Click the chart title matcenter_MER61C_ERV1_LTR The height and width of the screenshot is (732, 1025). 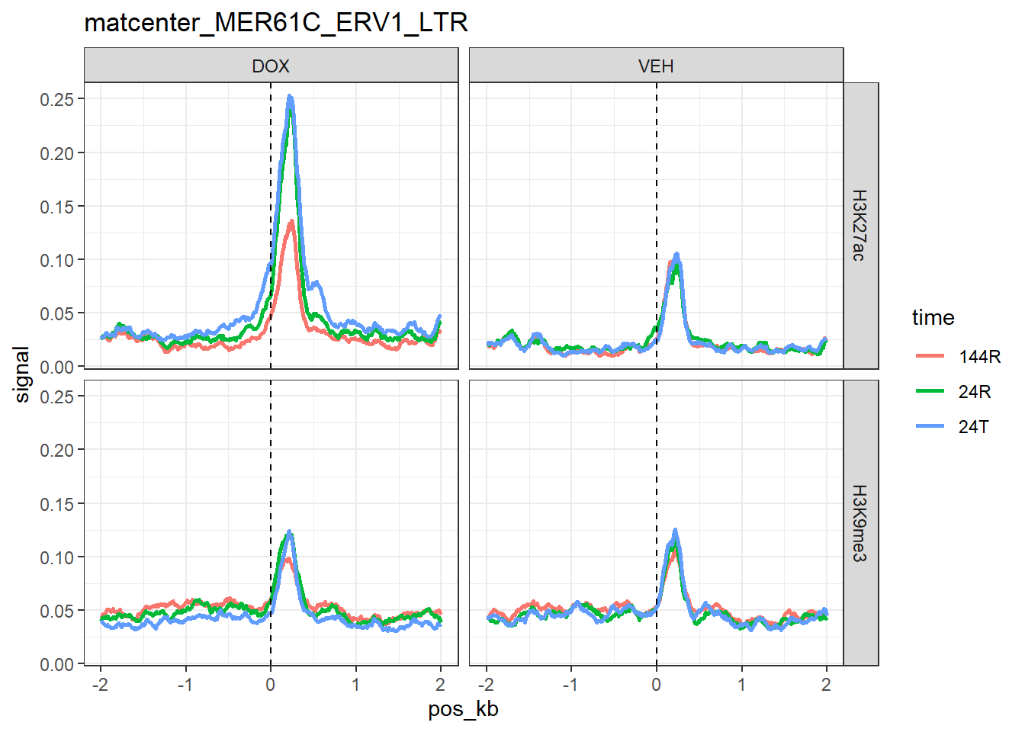276,23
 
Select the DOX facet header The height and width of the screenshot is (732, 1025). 271,66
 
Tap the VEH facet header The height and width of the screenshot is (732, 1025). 656,66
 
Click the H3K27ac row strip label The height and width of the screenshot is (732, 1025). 860,226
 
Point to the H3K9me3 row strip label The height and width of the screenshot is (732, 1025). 860,523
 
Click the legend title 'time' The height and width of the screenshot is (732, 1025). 933,317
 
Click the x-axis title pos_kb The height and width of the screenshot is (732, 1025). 463,709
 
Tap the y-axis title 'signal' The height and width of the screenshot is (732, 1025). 22,374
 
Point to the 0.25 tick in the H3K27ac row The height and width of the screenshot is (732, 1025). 57,99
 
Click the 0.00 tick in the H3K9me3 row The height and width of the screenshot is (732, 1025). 57,664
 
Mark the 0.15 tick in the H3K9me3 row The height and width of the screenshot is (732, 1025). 57,503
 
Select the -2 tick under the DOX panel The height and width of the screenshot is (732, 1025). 100,684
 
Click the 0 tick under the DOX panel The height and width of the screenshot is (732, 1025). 271,684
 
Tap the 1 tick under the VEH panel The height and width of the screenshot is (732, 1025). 741,684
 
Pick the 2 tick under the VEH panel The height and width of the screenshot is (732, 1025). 826,684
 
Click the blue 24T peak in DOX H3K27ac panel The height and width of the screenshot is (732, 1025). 290,98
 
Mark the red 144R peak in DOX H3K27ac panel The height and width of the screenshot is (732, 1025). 291,223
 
